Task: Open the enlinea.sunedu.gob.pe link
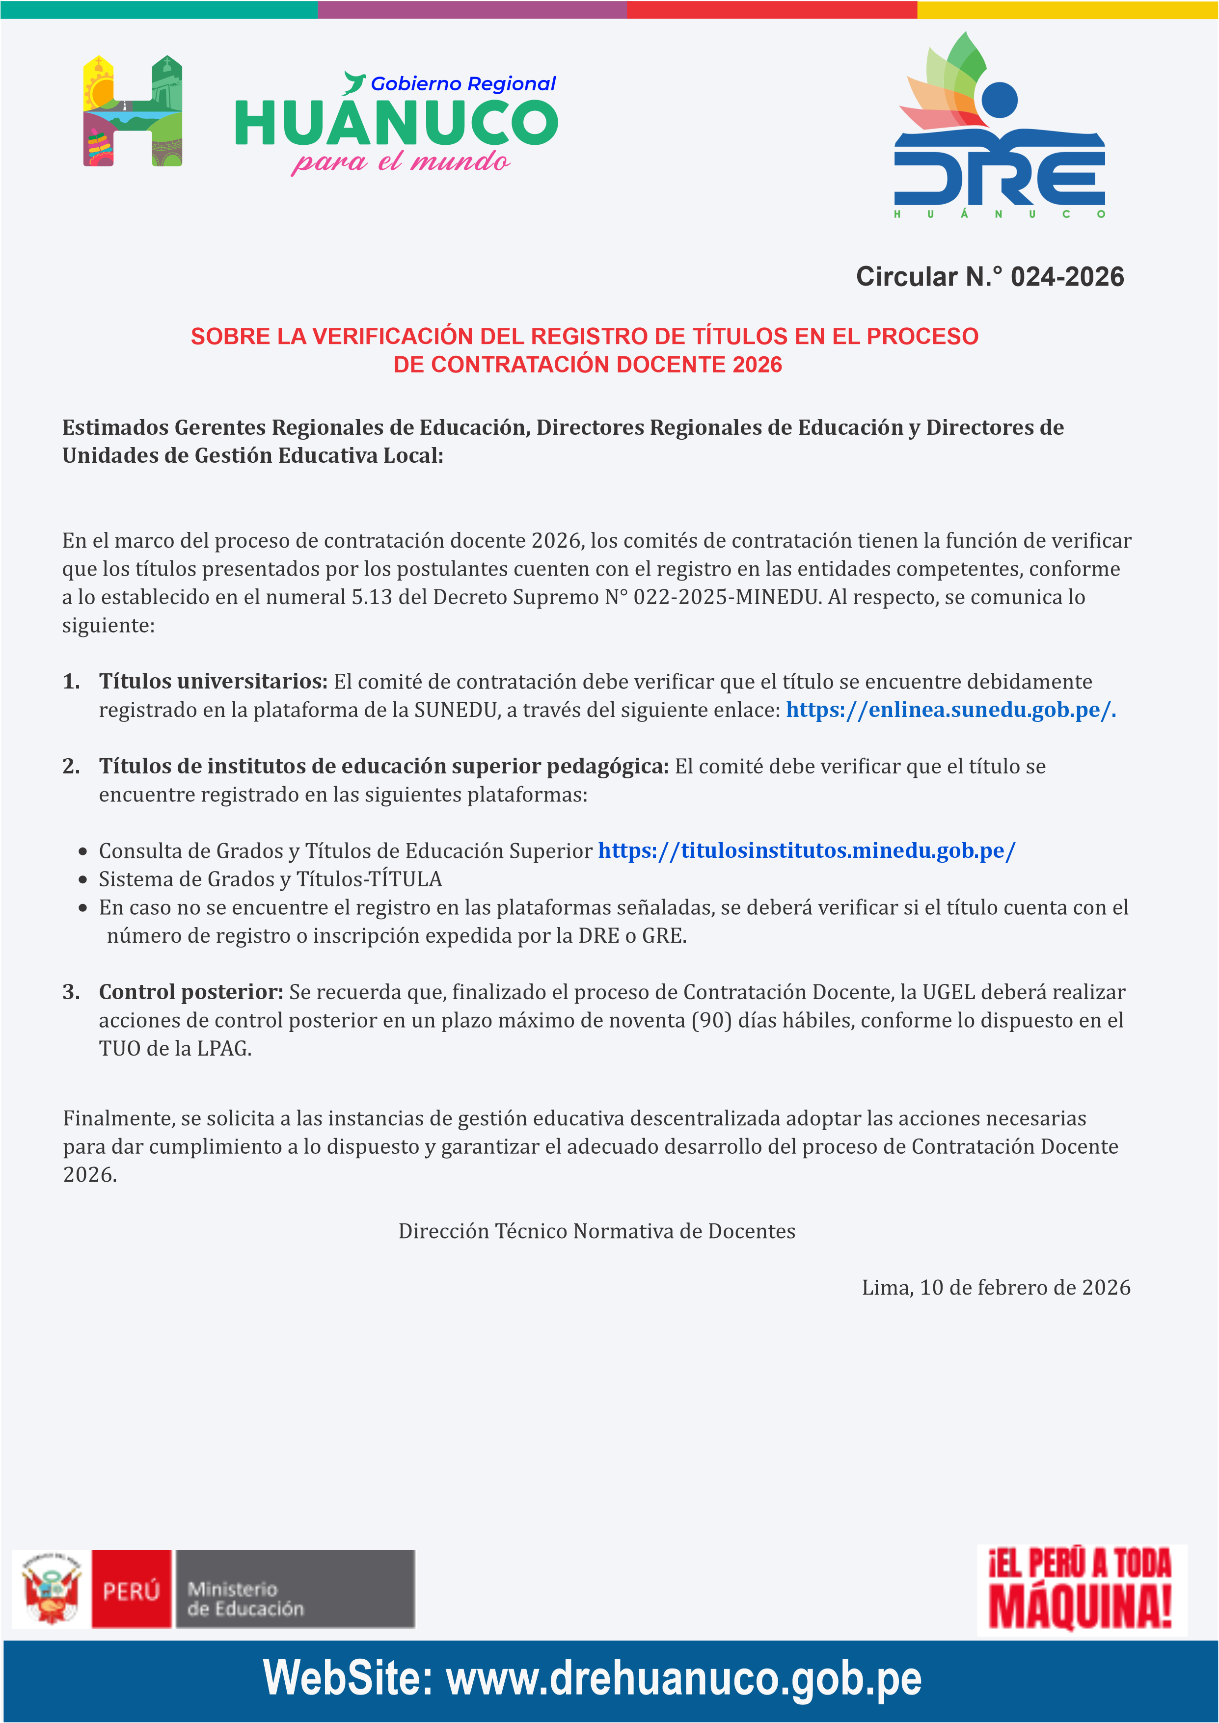(950, 710)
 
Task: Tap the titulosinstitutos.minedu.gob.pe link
(806, 851)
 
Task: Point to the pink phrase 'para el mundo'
(400, 161)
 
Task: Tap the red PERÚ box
(132, 1590)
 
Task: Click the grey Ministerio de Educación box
(294, 1590)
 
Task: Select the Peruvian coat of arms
(50, 1590)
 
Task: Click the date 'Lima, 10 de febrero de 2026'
(995, 1288)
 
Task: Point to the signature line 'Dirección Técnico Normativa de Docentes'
(597, 1231)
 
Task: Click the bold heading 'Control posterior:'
(190, 992)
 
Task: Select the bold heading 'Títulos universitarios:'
(213, 681)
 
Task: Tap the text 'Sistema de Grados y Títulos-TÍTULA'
(270, 879)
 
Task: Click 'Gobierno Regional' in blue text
(463, 84)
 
